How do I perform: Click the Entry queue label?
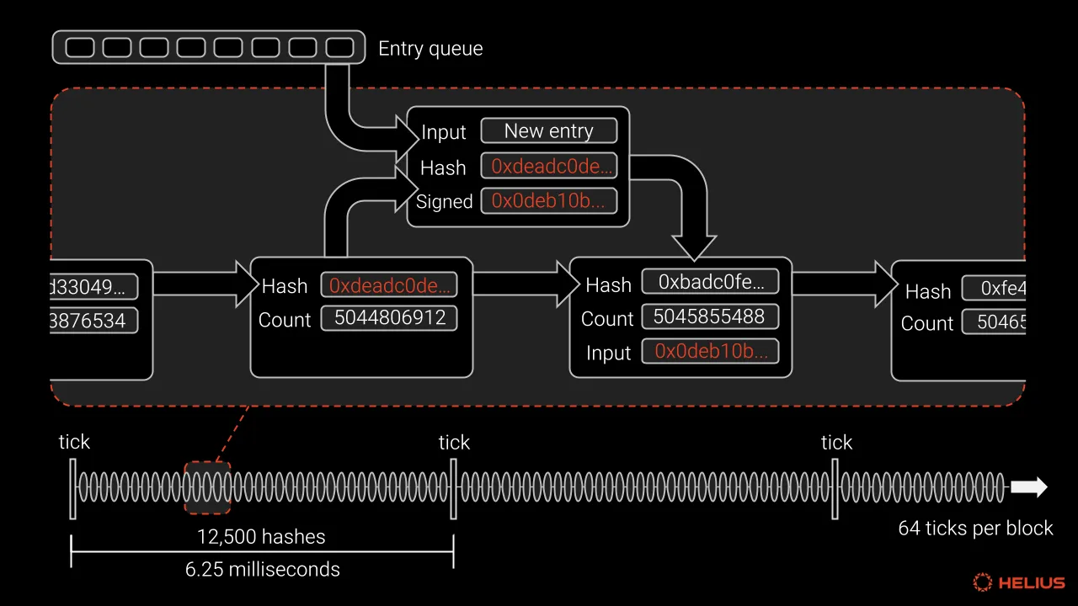[430, 49]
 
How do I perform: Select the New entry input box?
[548, 130]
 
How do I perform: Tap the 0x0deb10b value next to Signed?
[548, 200]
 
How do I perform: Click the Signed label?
[444, 202]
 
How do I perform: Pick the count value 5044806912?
[389, 319]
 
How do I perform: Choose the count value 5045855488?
[709, 317]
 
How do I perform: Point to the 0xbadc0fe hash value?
[709, 282]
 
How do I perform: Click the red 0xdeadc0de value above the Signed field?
[548, 166]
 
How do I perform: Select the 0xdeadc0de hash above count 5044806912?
[389, 285]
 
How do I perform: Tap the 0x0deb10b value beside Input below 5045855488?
[709, 352]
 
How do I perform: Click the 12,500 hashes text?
[261, 536]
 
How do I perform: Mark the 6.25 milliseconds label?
[263, 569]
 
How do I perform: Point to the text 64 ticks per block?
[975, 529]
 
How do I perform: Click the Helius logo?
[1019, 582]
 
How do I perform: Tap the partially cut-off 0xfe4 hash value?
[998, 289]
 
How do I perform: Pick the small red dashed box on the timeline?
[207, 487]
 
